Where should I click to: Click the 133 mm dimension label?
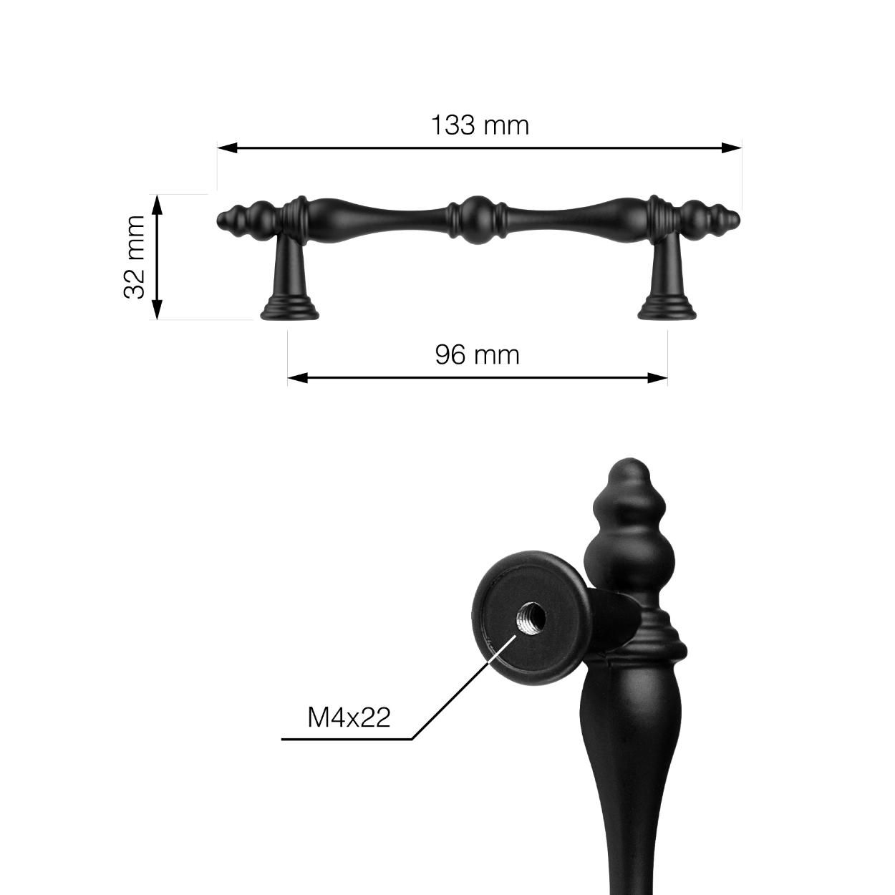tap(479, 125)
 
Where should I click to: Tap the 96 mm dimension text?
tap(477, 354)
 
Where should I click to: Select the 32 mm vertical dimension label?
tap(135, 257)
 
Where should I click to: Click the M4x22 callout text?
tap(349, 717)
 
